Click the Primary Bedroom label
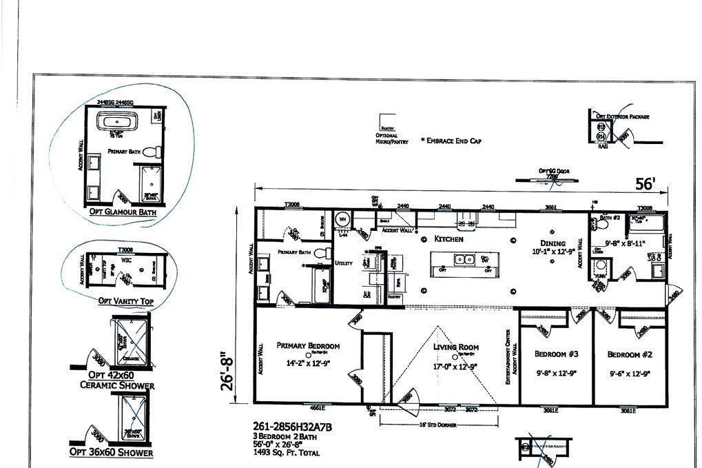(308, 346)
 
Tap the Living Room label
(455, 347)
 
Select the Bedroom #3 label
(556, 354)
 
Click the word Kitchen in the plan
(448, 239)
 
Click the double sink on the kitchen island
(463, 259)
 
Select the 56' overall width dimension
(645, 183)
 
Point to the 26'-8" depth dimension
(228, 373)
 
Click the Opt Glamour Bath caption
(123, 212)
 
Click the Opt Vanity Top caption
(125, 301)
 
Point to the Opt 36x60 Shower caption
(111, 452)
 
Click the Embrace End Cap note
(451, 141)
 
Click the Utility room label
(343, 263)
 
